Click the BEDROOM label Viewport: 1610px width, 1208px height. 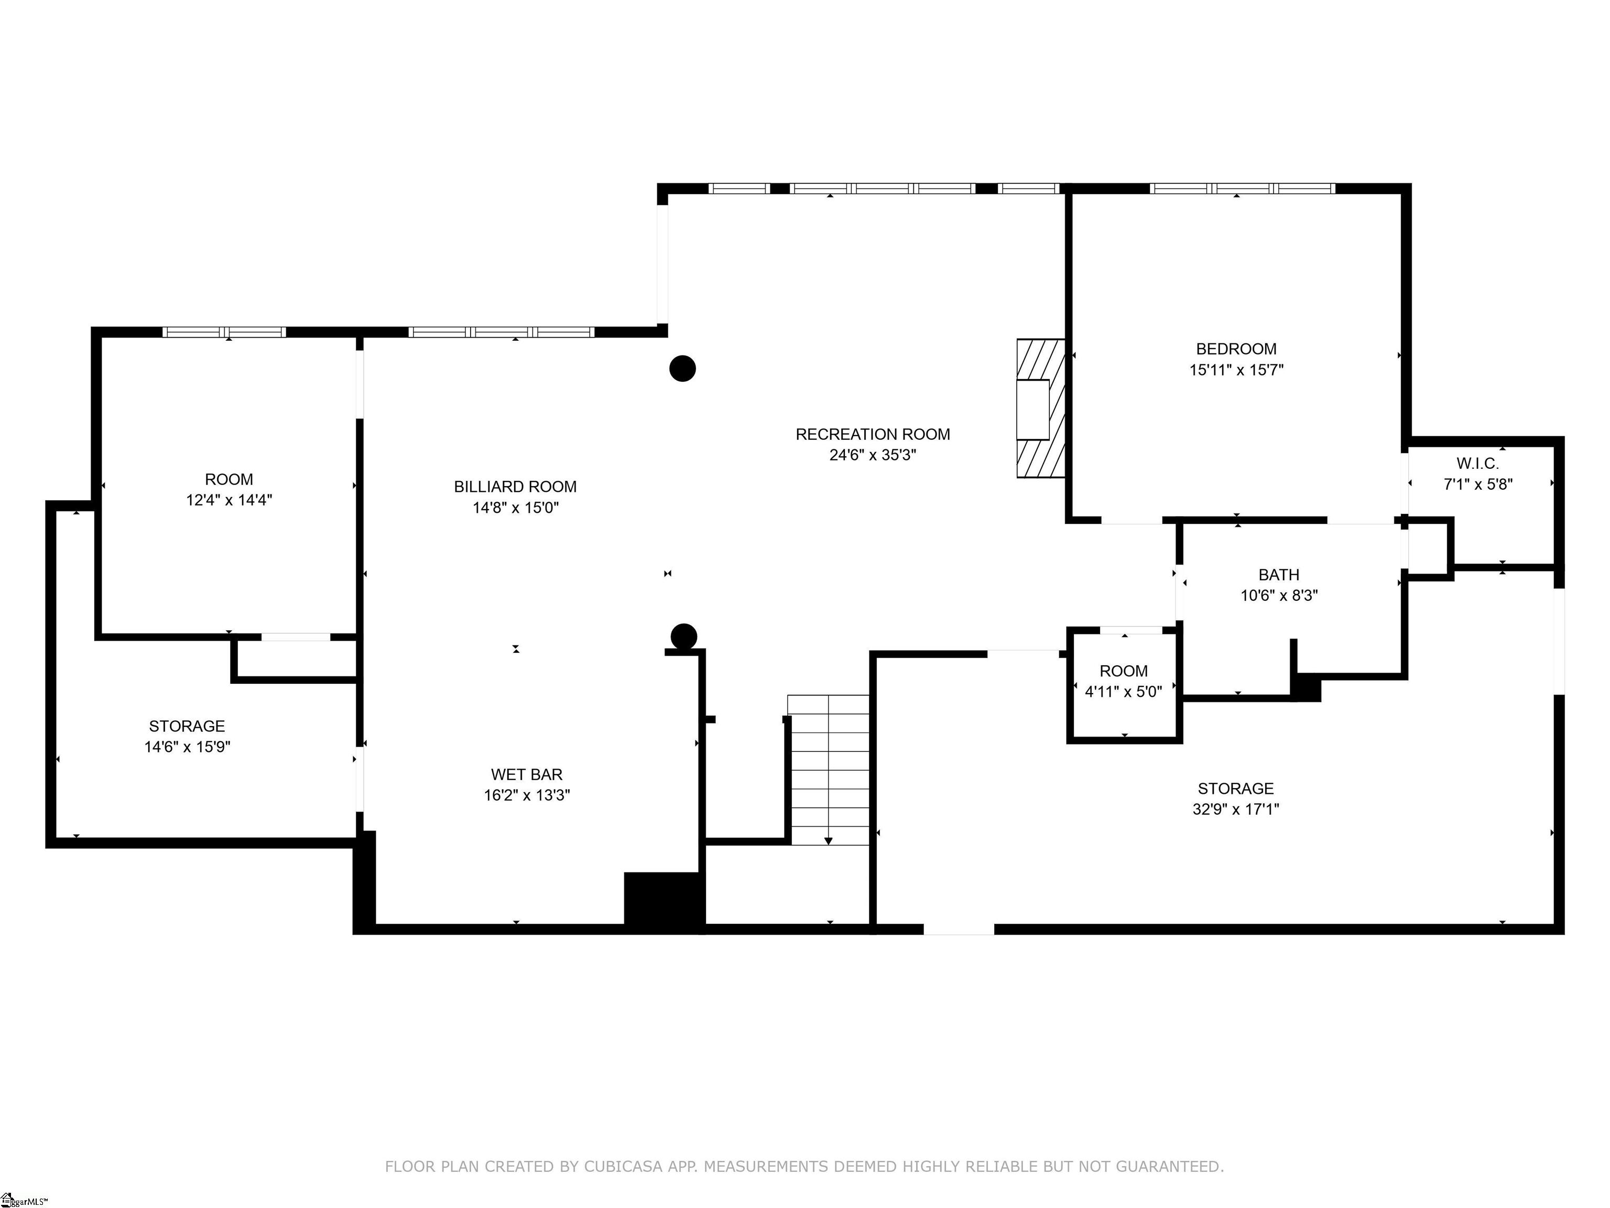pyautogui.click(x=1236, y=349)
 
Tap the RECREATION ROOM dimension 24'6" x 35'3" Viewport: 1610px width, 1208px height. pyautogui.click(x=872, y=455)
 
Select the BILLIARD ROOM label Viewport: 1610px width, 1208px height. pyautogui.click(x=515, y=487)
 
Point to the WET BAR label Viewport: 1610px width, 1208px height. pyautogui.click(x=526, y=774)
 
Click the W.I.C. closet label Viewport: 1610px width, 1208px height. pyautogui.click(x=1477, y=463)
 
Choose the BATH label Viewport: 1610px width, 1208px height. pyautogui.click(x=1278, y=575)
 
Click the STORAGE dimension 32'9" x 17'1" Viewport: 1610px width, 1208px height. pyautogui.click(x=1235, y=809)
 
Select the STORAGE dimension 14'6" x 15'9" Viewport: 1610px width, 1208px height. pyautogui.click(x=187, y=747)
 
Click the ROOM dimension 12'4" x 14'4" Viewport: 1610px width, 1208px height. pyautogui.click(x=229, y=500)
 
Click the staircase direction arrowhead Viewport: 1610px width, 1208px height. pyautogui.click(x=828, y=841)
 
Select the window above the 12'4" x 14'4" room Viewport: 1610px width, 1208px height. pyautogui.click(x=224, y=332)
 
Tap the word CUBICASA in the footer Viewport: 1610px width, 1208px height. pyautogui.click(x=622, y=1167)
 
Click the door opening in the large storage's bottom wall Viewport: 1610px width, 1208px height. pyautogui.click(x=958, y=929)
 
